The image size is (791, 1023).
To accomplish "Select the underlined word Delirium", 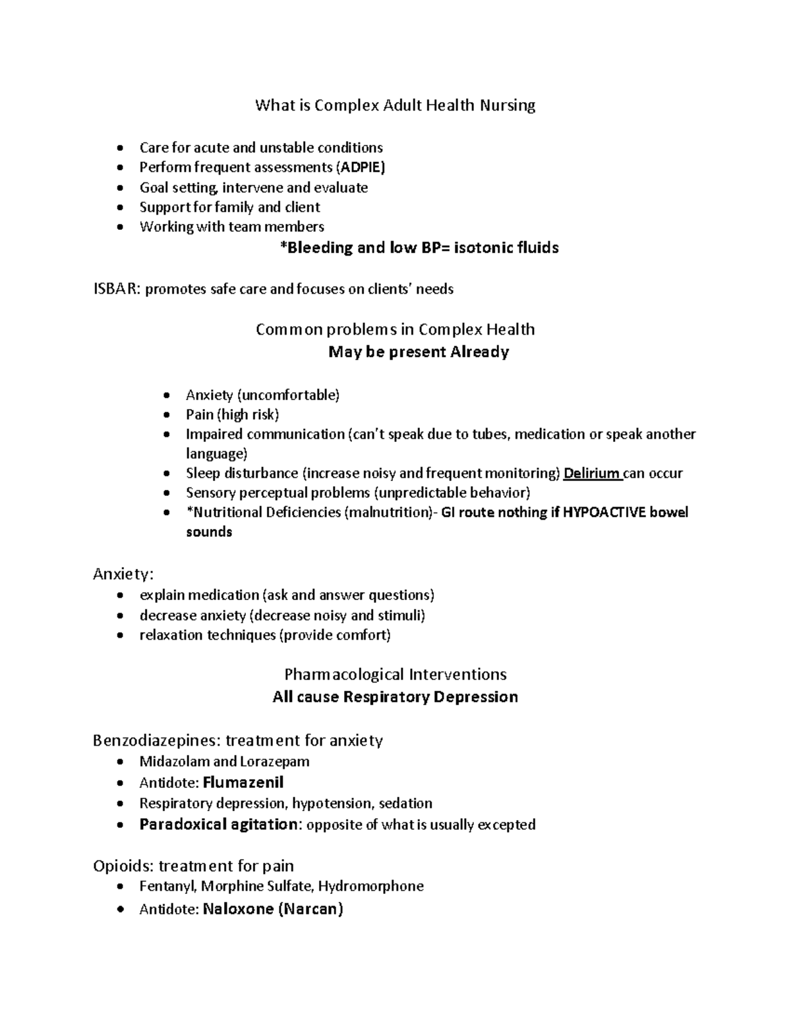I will pos(592,474).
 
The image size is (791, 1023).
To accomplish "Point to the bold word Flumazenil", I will pos(243,783).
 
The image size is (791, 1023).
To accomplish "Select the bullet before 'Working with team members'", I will pos(119,227).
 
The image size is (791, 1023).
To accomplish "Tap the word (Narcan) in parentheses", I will pos(310,910).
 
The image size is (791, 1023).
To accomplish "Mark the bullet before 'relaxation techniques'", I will pos(119,636).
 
